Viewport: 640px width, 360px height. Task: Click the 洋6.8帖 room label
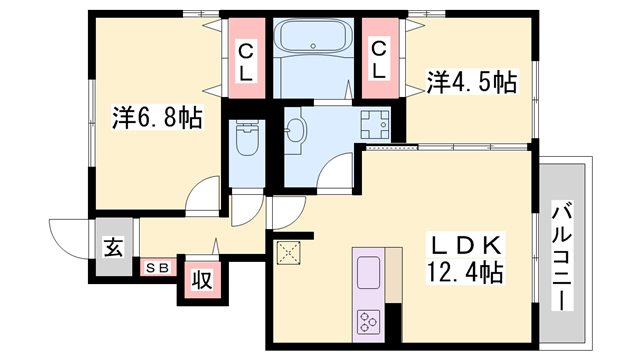point(158,118)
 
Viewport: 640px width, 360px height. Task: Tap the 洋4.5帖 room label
point(472,82)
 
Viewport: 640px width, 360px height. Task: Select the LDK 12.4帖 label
point(465,258)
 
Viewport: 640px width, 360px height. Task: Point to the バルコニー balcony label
point(562,256)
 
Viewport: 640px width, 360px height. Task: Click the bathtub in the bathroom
point(313,36)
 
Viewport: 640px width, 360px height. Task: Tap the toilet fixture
point(247,138)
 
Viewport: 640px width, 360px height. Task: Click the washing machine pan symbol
point(375,124)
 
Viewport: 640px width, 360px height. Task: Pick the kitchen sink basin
point(369,272)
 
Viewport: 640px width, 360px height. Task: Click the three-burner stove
point(369,321)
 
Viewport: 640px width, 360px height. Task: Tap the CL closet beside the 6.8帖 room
point(246,58)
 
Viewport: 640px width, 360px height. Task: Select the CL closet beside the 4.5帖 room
point(380,58)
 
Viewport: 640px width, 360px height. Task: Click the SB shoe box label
point(158,268)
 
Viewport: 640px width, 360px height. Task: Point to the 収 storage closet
point(202,280)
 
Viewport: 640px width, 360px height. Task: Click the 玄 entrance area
point(114,247)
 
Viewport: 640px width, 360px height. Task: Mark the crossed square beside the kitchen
point(289,253)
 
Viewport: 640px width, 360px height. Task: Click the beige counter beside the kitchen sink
point(393,275)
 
